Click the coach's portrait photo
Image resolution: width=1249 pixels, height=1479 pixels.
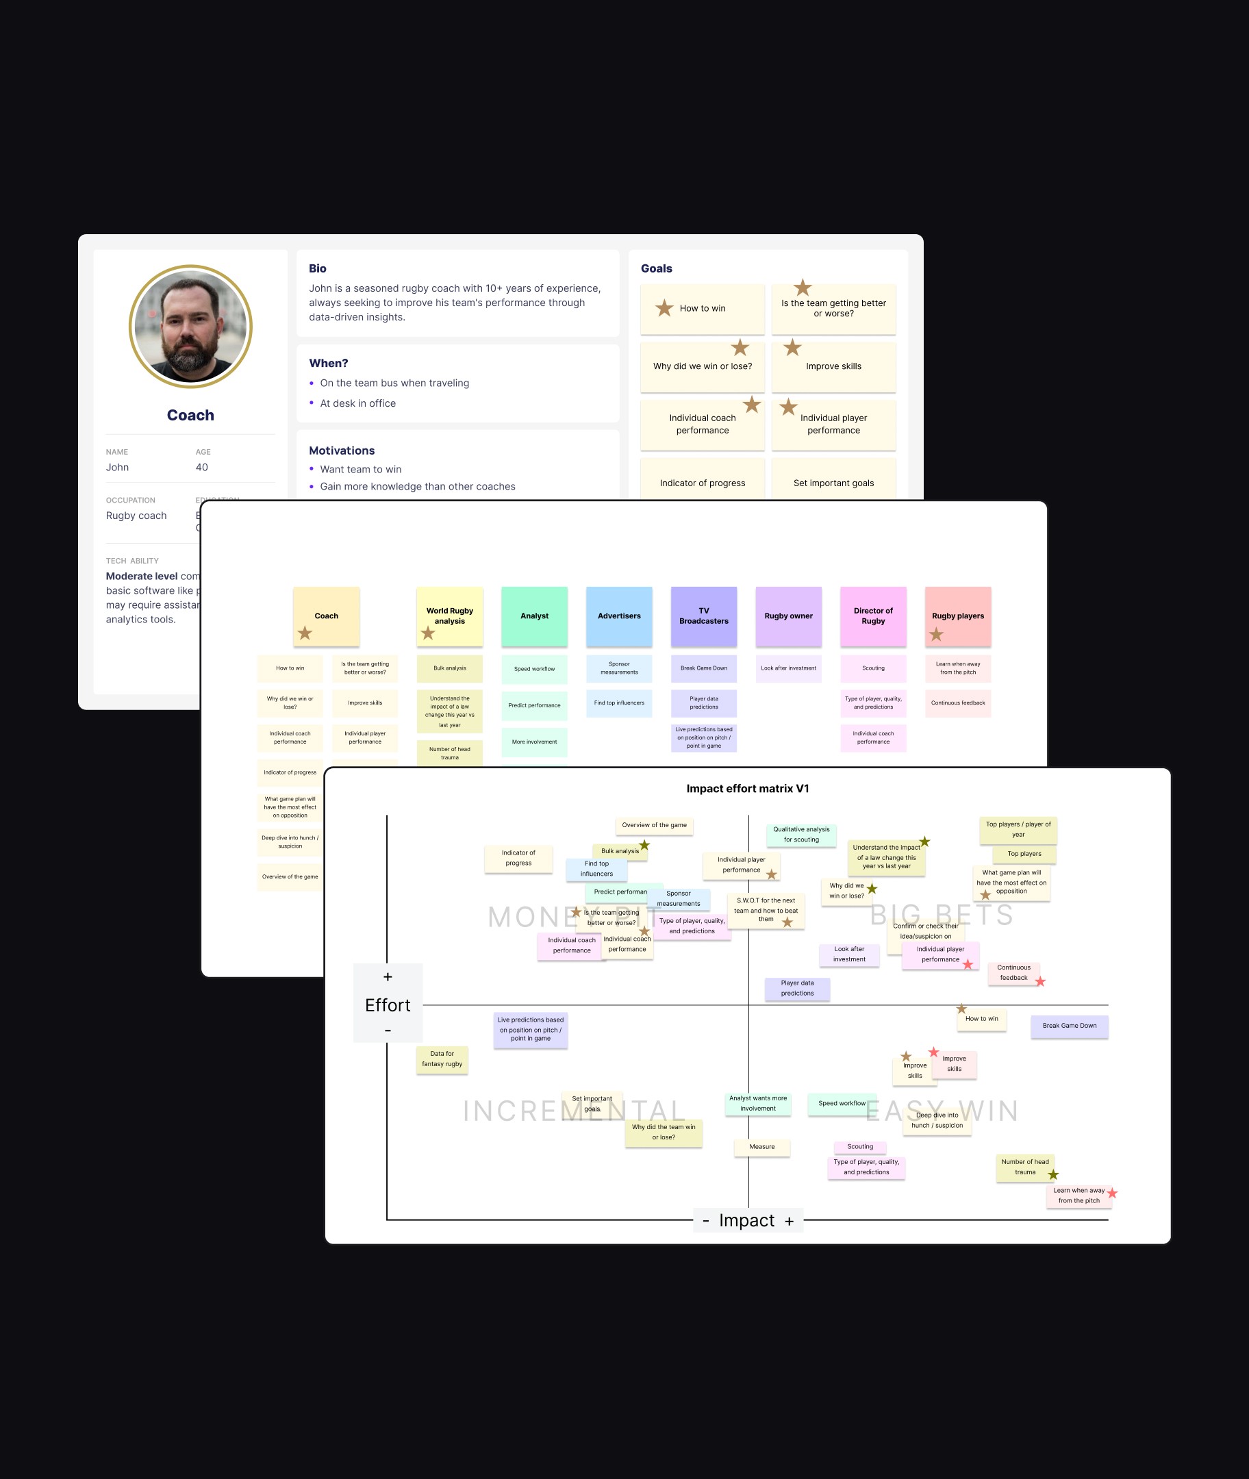[x=190, y=327]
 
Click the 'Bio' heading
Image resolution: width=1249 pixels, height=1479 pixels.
[x=317, y=268]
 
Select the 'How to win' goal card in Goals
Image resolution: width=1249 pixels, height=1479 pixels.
[x=702, y=309]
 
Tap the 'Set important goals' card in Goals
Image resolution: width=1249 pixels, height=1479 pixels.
[x=833, y=483]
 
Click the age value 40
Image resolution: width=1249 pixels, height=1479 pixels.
[x=202, y=467]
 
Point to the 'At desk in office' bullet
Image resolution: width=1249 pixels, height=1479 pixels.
[x=357, y=403]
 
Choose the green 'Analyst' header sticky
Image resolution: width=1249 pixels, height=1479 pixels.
[x=534, y=616]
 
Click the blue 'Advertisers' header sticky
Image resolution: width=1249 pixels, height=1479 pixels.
[x=619, y=616]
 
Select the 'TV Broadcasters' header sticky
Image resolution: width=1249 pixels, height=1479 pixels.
[x=703, y=616]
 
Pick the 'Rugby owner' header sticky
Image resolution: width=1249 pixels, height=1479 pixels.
[x=788, y=616]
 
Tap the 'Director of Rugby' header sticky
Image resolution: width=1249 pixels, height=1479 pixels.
[x=873, y=616]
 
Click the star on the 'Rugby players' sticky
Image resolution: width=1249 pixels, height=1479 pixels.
[x=936, y=634]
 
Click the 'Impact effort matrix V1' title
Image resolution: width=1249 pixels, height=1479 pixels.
[x=747, y=789]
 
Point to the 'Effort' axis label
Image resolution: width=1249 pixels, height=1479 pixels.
[x=388, y=1005]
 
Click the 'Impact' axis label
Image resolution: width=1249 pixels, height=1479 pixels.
[x=747, y=1221]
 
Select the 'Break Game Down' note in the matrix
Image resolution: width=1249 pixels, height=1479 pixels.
[x=1069, y=1026]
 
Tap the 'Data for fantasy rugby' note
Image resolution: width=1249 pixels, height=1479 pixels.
[x=442, y=1059]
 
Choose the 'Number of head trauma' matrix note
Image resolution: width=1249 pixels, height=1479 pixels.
[x=1024, y=1167]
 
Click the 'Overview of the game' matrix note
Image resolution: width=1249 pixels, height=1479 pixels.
[x=654, y=826]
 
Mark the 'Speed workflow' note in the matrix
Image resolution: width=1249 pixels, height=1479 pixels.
[x=841, y=1104]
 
